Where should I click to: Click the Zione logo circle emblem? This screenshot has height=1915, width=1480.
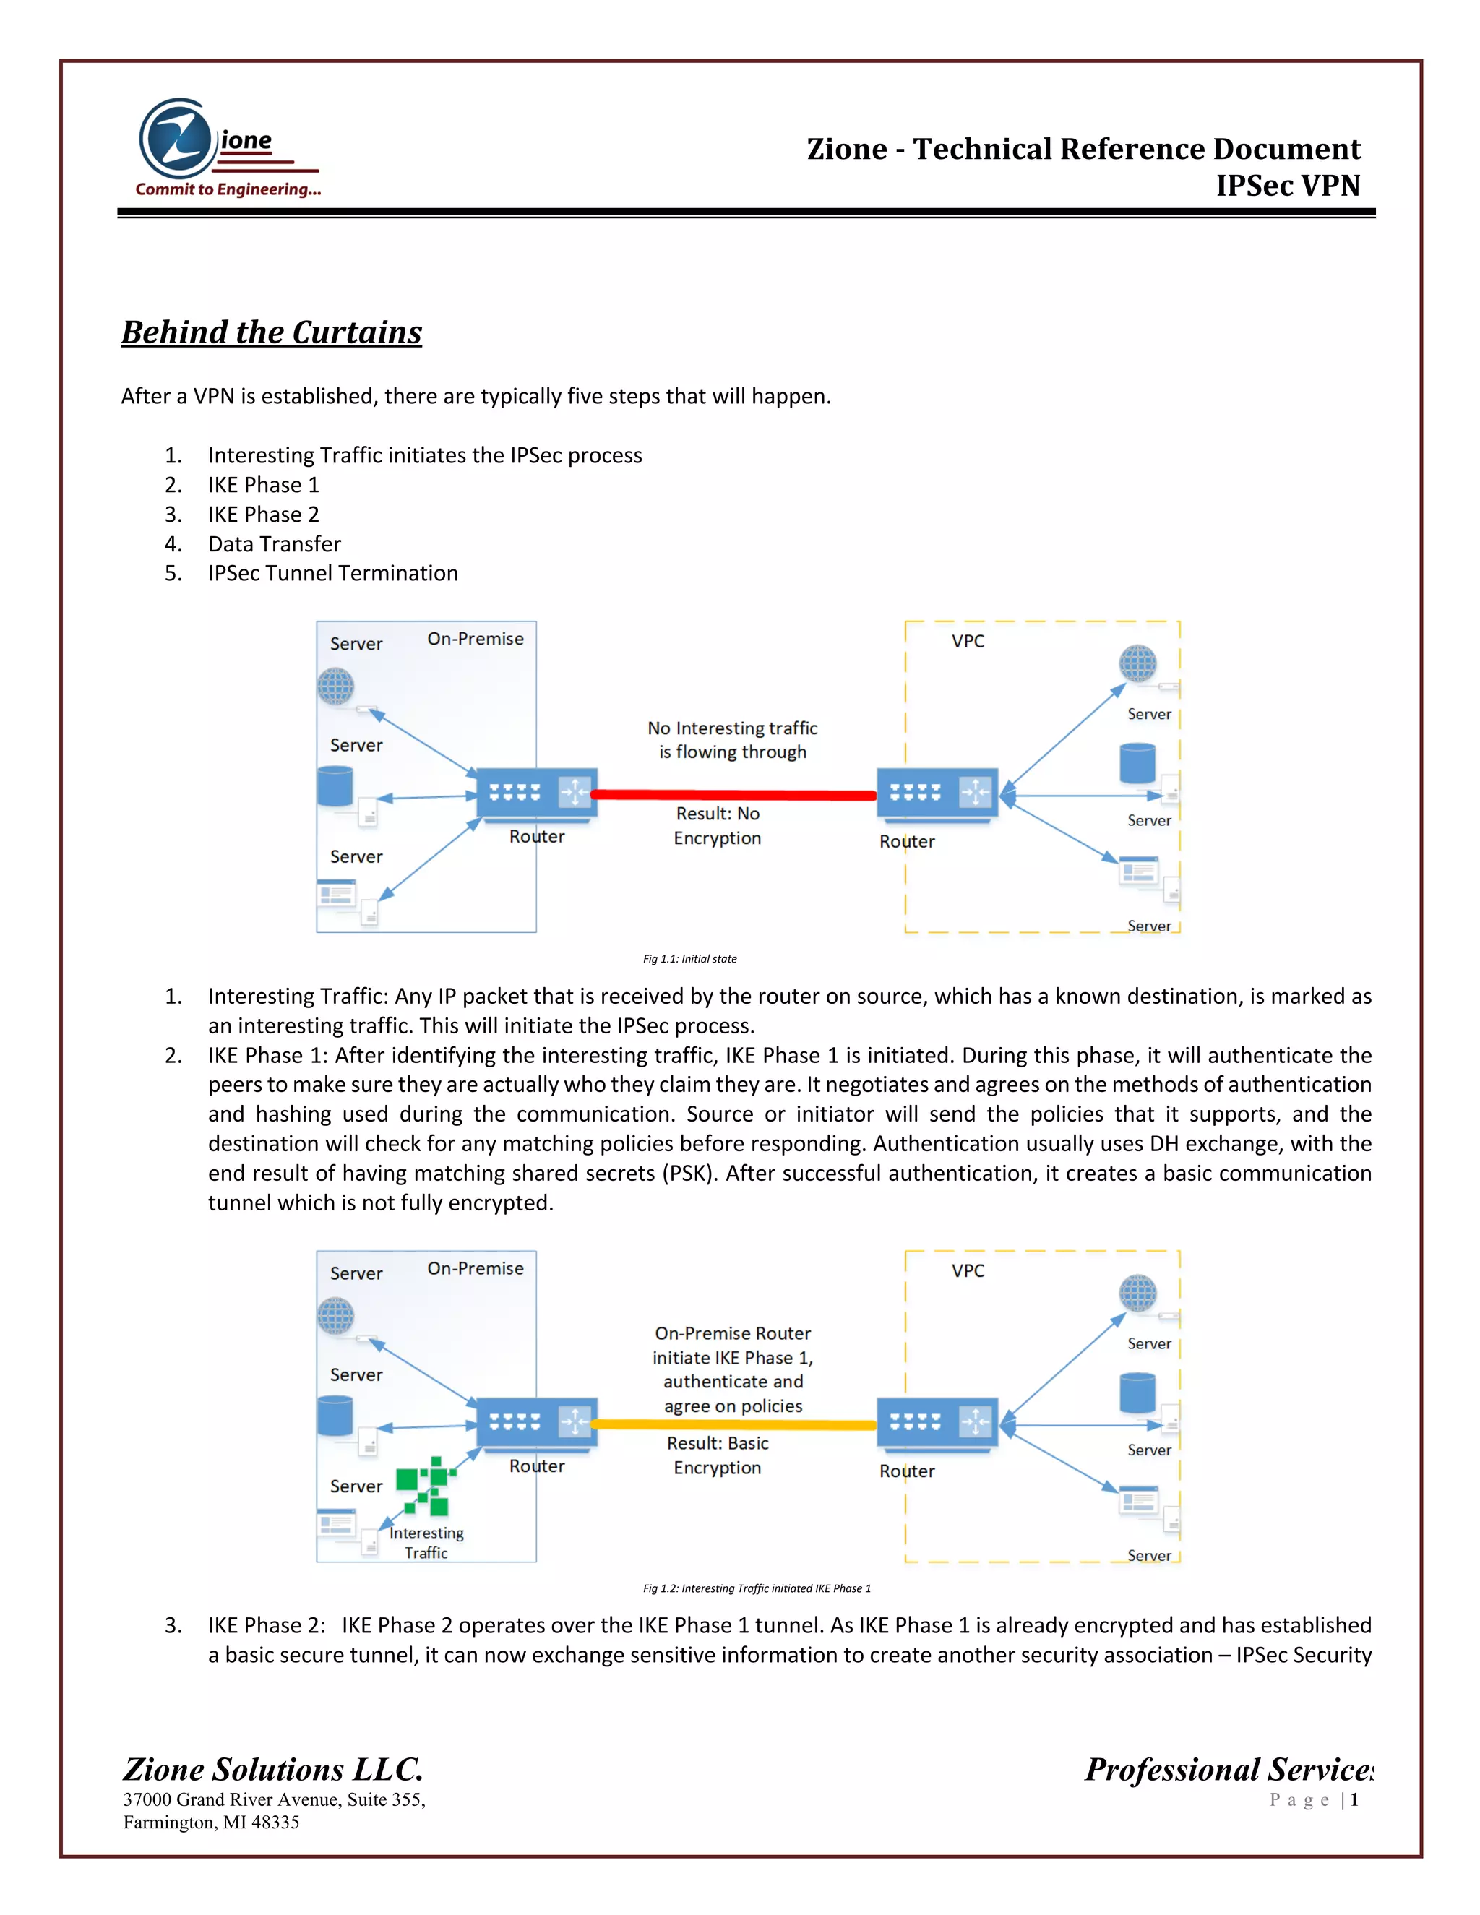pos(178,139)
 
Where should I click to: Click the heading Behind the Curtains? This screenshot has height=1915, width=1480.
pos(272,332)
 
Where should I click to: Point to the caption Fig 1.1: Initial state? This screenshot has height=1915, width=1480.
pos(690,958)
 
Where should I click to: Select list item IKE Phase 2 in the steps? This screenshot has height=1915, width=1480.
pos(263,515)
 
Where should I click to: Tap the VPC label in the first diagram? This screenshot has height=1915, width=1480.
pos(968,641)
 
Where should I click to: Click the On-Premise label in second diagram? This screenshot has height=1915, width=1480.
pos(476,1268)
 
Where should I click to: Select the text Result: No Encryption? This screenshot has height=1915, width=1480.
pos(717,826)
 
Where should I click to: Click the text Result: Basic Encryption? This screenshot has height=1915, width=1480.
pos(717,1455)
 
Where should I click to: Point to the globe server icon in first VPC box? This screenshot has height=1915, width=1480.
pos(1137,664)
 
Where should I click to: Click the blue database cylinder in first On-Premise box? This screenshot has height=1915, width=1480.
pos(335,786)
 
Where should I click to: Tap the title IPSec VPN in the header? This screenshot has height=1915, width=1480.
pos(1287,185)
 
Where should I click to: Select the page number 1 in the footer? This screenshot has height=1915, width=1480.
pos(1355,1800)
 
